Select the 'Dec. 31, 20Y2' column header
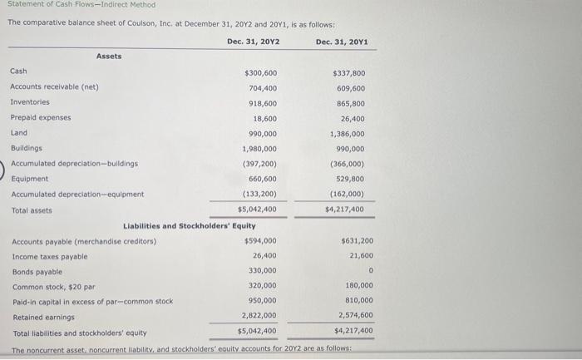[x=253, y=42]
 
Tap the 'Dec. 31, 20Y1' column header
[x=342, y=42]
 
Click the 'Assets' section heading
[x=109, y=57]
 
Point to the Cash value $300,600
[x=260, y=73]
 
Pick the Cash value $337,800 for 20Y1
[x=348, y=73]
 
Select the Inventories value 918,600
[x=263, y=103]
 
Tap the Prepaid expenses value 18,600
[x=265, y=118]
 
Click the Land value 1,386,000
[x=347, y=133]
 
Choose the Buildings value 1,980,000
[x=259, y=149]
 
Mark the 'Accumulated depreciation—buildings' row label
[x=74, y=164]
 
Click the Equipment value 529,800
[x=349, y=179]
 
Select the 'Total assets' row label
[x=31, y=210]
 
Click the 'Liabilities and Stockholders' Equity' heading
[x=190, y=225]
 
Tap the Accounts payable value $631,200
[x=357, y=241]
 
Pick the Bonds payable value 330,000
[x=263, y=271]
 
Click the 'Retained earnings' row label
[x=43, y=317]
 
